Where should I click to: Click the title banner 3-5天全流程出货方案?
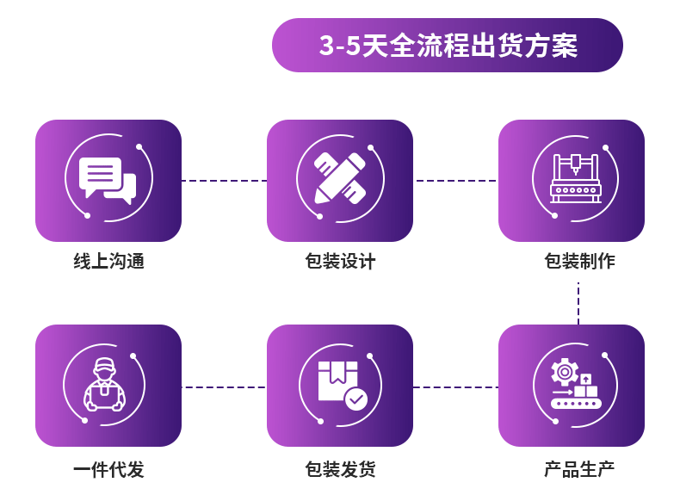448,45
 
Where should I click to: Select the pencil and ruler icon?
340,179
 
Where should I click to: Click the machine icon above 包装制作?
575,179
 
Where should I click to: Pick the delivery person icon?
104,385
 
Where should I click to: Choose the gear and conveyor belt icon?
575,385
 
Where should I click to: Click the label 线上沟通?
108,262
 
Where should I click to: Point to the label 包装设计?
340,262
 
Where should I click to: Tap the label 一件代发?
108,470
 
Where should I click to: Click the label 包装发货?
340,470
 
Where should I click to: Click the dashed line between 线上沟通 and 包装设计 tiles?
224,181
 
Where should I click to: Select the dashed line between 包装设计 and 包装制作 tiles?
455,181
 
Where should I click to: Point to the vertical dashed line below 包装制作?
578,303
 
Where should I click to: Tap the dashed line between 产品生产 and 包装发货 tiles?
455,387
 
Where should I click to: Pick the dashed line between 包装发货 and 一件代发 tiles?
224,387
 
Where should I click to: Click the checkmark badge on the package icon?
355,399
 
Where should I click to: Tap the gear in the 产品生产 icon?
565,372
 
